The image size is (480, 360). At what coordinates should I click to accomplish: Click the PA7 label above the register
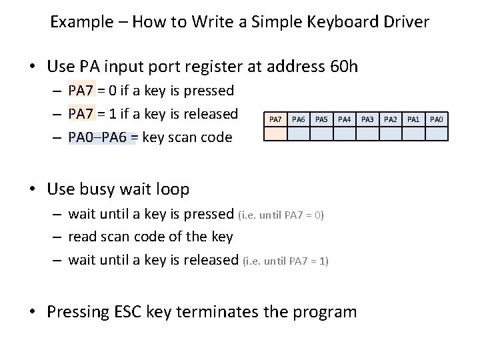pos(275,119)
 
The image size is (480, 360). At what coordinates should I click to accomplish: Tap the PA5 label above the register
pos(321,119)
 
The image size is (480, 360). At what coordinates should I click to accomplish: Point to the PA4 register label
pos(344,119)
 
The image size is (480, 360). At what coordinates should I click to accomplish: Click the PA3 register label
pos(367,119)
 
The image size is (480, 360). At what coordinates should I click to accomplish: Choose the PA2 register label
pos(390,119)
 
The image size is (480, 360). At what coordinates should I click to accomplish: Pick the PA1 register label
pos(413,119)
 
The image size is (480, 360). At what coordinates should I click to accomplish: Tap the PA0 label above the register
pos(436,119)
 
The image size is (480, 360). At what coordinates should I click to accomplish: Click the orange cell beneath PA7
pos(275,133)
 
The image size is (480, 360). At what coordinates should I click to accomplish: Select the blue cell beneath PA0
pos(436,133)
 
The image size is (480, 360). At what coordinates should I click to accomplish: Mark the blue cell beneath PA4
pos(344,133)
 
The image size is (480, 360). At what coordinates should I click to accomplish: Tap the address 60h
pos(344,67)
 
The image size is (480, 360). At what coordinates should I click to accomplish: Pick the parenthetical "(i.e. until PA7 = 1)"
pos(285,261)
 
